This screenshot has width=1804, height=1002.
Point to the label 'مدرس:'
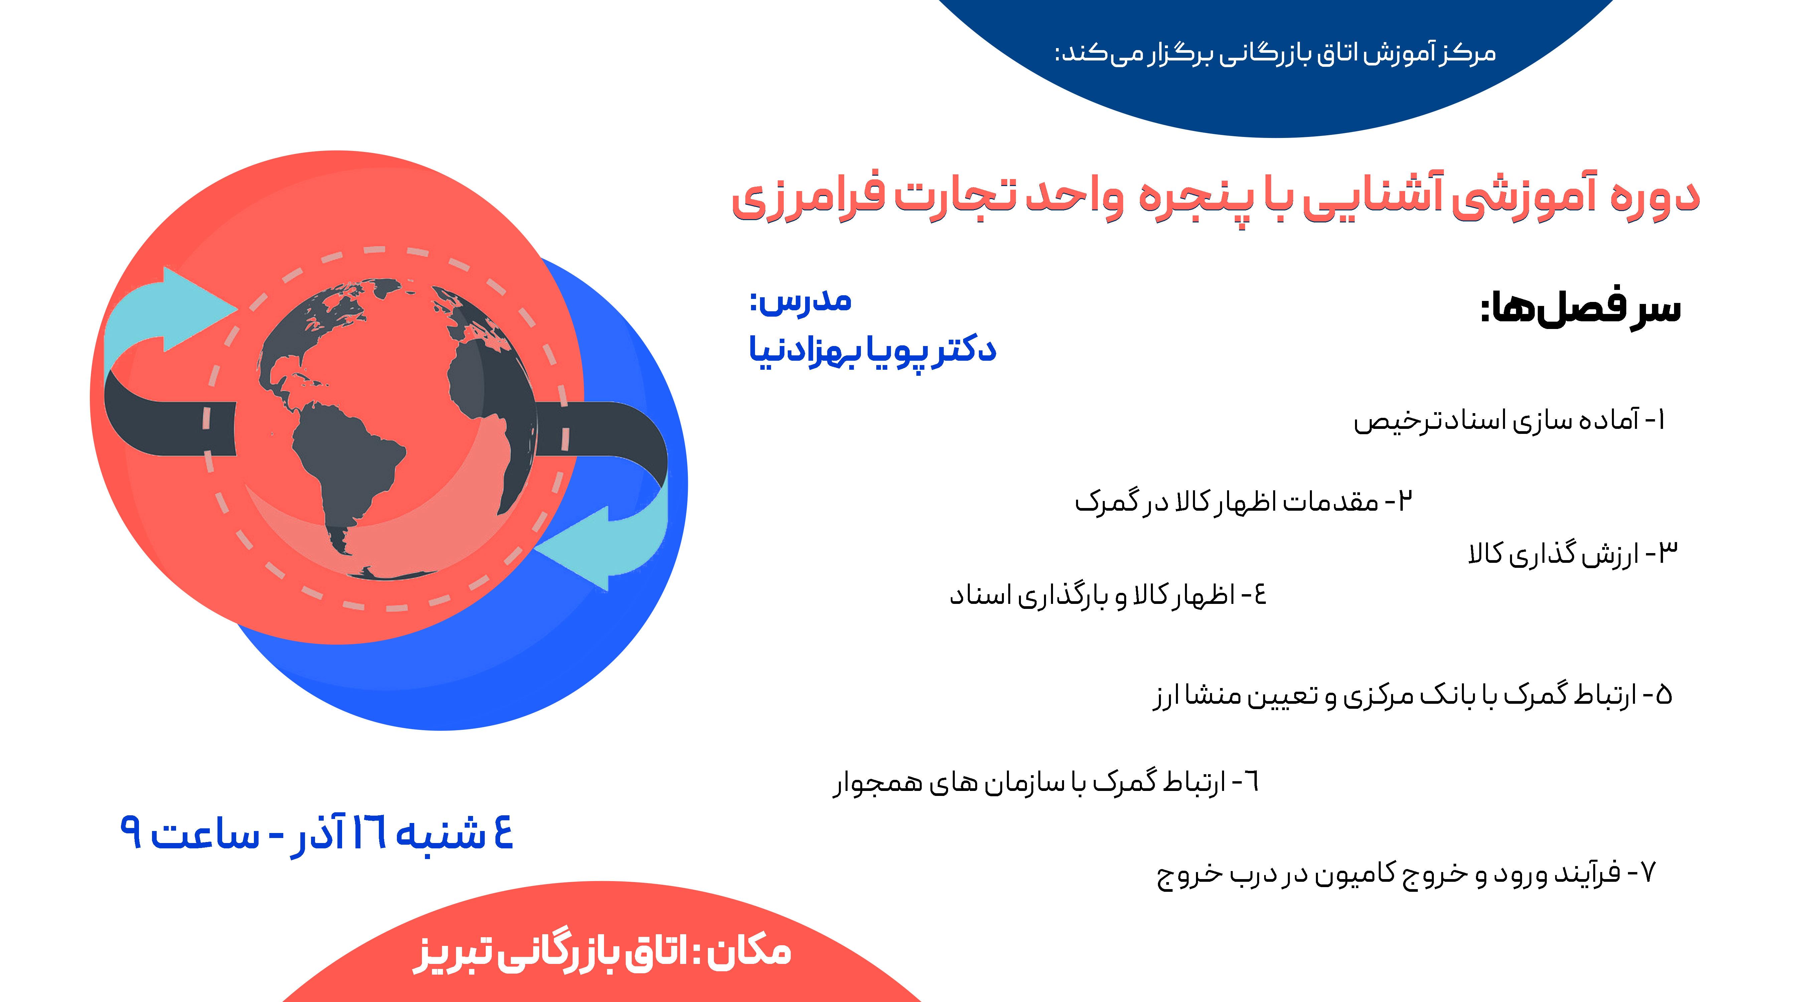(x=800, y=301)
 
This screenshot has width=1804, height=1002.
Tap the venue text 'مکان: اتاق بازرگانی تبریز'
(x=602, y=952)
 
